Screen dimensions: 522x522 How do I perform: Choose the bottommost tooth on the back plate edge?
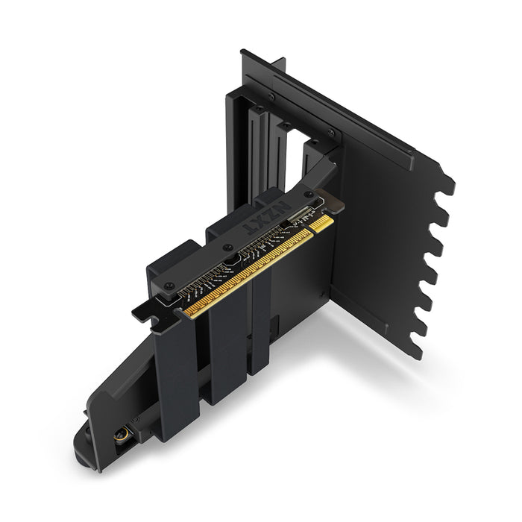point(416,349)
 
